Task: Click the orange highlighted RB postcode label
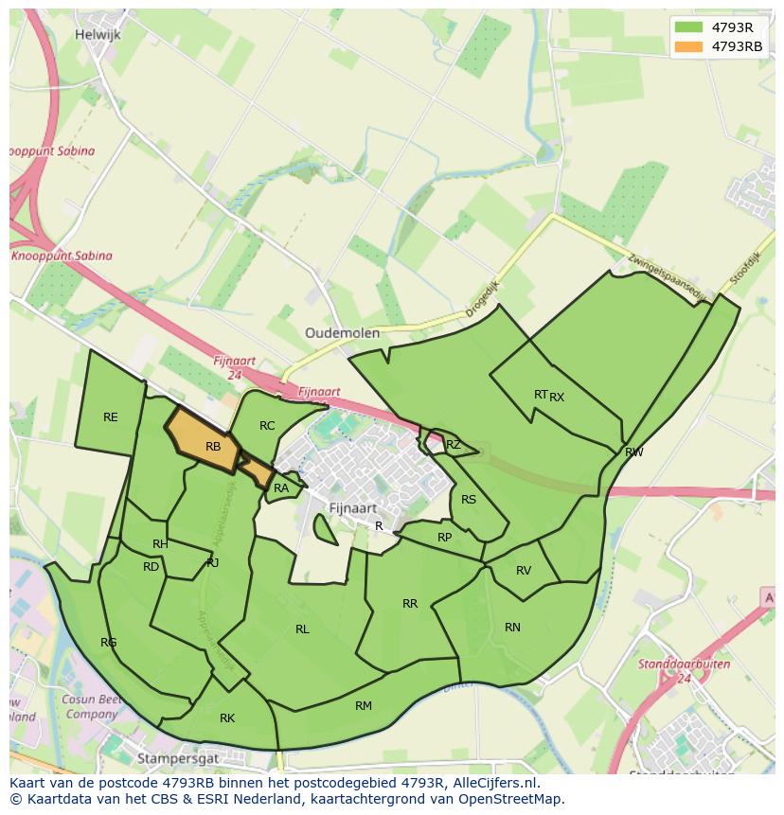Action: pos(213,447)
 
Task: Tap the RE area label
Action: pos(111,417)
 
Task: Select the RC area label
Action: pos(267,426)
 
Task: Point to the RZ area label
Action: pos(454,445)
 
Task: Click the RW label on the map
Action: pos(634,452)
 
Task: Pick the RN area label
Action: pos(512,628)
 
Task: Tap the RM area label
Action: pos(364,706)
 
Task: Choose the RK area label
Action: pos(227,718)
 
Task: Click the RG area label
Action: pos(109,643)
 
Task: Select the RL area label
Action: pos(302,629)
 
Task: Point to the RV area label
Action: pos(524,571)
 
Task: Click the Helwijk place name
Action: pos(98,35)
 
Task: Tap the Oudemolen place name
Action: pos(342,333)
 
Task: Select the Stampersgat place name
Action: pos(178,758)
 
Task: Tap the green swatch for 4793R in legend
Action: pos(688,27)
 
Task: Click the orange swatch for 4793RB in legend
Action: pos(688,46)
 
